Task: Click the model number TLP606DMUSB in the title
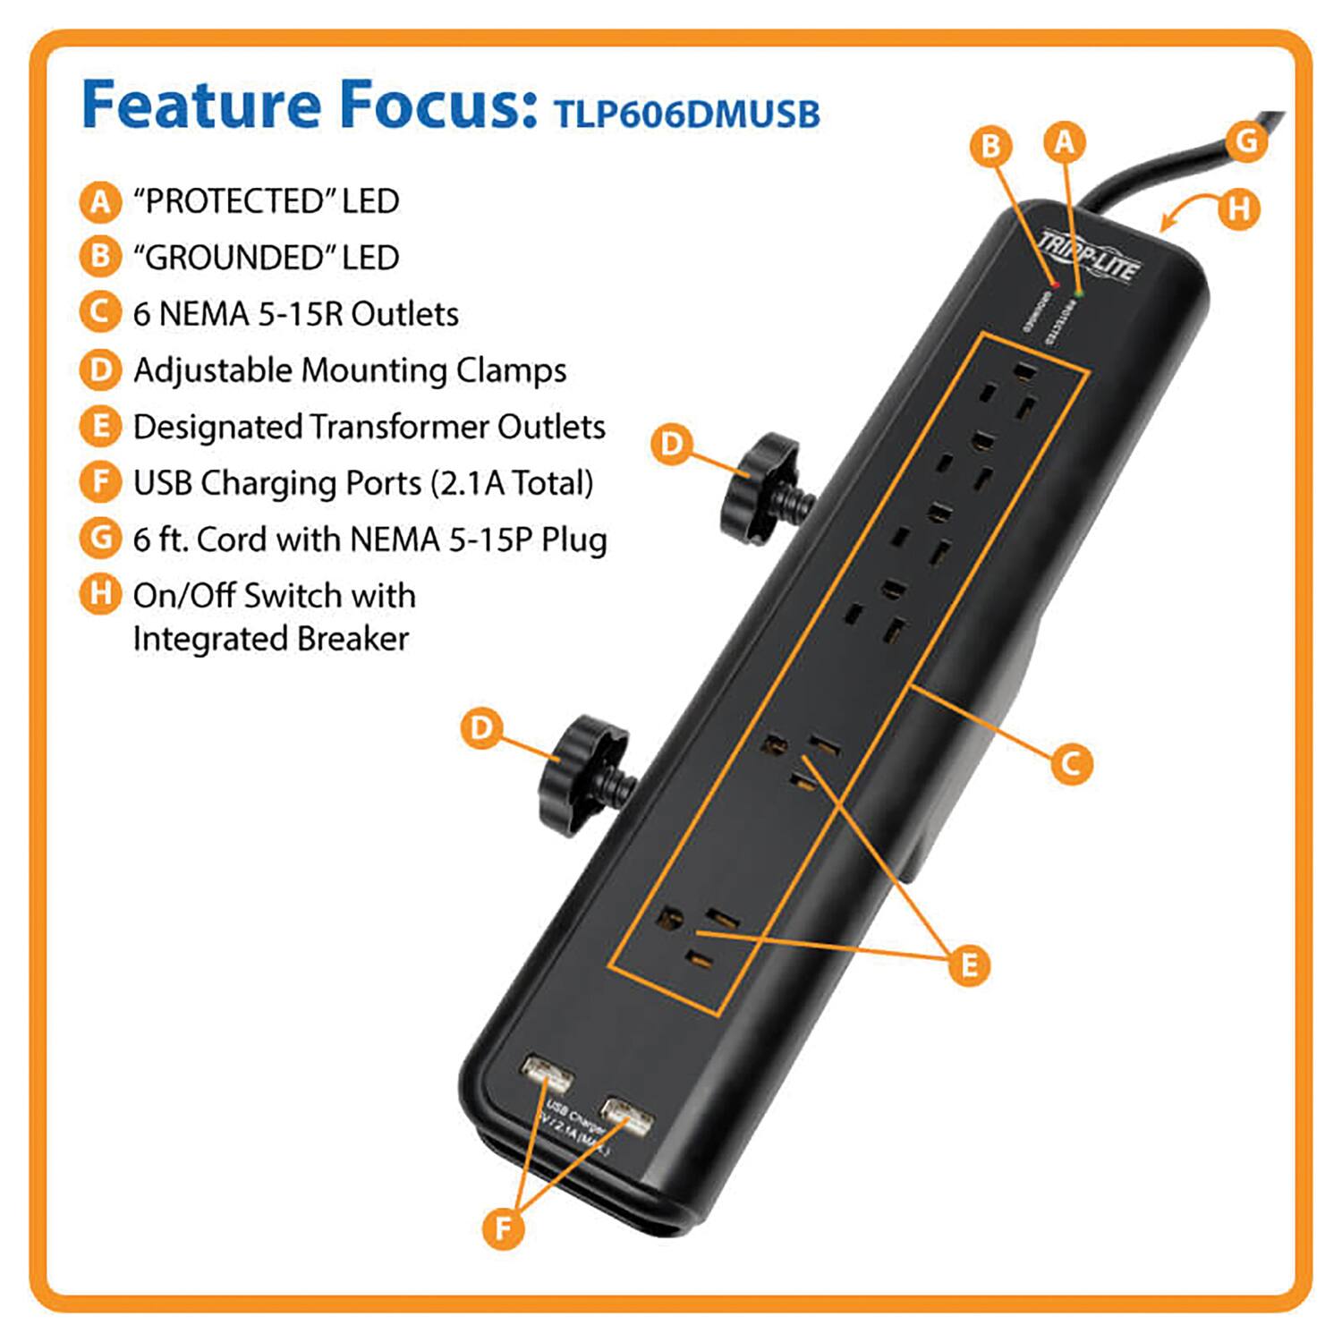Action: (686, 115)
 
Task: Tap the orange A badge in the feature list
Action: (99, 201)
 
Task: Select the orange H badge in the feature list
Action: (99, 595)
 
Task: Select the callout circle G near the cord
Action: (1246, 141)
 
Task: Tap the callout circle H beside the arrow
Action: (1239, 209)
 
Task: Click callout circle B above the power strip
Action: (991, 146)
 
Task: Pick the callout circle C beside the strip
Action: (1071, 763)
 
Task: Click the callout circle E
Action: (969, 966)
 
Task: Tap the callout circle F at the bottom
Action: (503, 1227)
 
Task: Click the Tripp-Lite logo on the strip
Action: (1088, 255)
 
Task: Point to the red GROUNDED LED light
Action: (1055, 285)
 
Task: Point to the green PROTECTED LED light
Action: (1079, 293)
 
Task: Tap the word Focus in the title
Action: (438, 105)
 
